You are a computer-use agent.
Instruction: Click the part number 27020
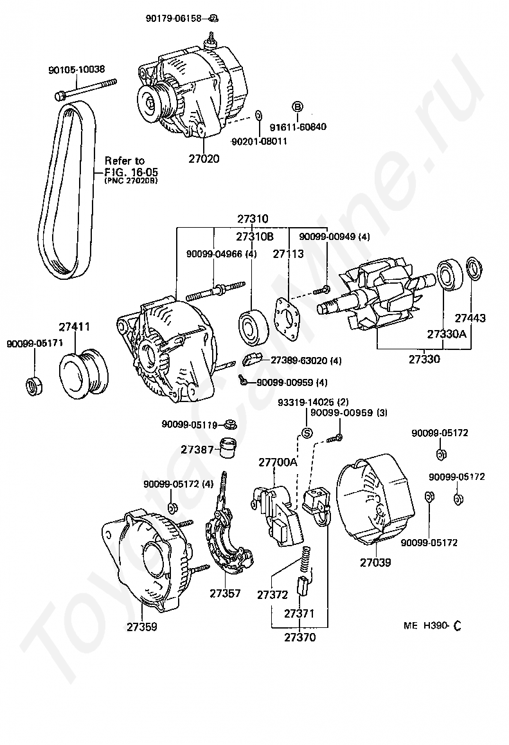(x=204, y=158)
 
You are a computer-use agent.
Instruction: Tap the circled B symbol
(x=298, y=107)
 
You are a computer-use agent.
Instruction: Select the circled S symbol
(x=307, y=432)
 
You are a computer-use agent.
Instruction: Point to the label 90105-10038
(x=76, y=69)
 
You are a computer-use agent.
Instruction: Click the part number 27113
(x=289, y=253)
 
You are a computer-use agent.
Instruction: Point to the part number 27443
(x=470, y=318)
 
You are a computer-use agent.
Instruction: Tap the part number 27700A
(x=278, y=462)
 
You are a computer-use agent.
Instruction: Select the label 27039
(x=375, y=562)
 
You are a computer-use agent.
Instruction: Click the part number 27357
(x=225, y=593)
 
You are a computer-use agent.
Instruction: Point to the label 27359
(x=141, y=625)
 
